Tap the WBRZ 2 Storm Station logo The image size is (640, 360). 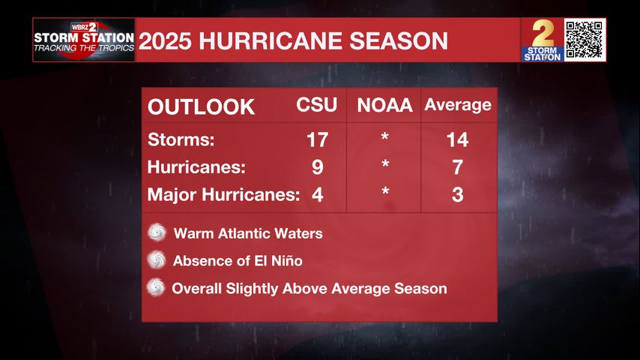[x=84, y=40]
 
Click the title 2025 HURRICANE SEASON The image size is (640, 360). [x=294, y=40]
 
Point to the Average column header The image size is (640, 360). [x=458, y=105]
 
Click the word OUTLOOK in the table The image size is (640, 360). [x=202, y=106]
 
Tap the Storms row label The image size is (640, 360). [x=181, y=139]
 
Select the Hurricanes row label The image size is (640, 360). [x=196, y=167]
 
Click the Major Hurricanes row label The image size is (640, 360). [x=223, y=195]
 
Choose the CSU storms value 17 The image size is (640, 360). [x=318, y=139]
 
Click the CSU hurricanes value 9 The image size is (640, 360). [x=318, y=167]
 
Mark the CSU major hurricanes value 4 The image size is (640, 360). [x=318, y=195]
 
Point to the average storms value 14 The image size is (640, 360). [x=457, y=139]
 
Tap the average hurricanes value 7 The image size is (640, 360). [x=457, y=167]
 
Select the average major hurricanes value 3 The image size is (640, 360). [x=457, y=195]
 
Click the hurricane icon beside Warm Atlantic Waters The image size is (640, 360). [x=157, y=232]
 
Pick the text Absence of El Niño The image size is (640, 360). [x=238, y=261]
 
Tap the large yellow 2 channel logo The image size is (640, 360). [x=542, y=34]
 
